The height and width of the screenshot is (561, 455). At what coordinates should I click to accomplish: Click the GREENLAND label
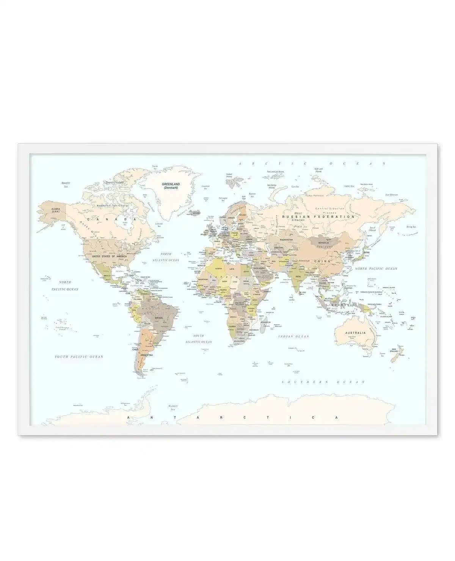point(171,184)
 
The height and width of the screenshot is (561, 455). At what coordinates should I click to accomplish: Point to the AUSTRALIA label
point(355,333)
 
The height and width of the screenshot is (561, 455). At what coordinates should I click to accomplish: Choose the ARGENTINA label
point(146,355)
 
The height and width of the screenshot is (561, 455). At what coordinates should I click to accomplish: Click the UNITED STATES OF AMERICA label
point(109,256)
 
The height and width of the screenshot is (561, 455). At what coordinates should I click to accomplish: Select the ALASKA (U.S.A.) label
point(55,210)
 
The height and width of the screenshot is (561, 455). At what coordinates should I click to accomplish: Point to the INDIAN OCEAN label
point(293,336)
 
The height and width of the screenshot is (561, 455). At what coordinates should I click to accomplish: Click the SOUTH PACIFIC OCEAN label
point(79,357)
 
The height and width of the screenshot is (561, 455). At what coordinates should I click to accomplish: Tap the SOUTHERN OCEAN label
point(323,382)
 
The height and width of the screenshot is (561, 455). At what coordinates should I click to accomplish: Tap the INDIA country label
point(298,277)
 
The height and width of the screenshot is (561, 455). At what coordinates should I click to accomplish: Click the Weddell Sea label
point(173,408)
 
